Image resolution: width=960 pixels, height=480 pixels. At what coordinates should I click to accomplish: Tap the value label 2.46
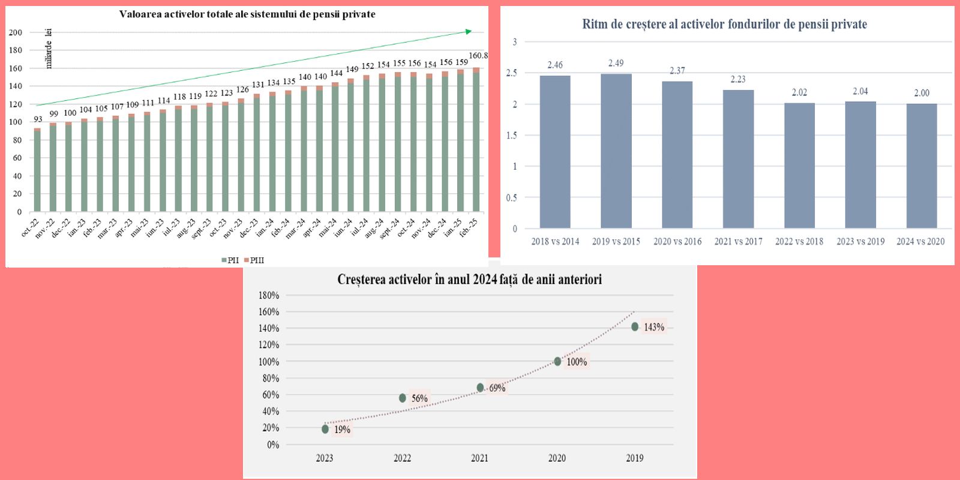pyautogui.click(x=555, y=65)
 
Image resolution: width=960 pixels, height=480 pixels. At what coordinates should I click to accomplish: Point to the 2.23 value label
pyautogui.click(x=738, y=79)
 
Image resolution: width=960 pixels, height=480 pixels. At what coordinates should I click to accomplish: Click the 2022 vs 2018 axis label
pyautogui.click(x=799, y=241)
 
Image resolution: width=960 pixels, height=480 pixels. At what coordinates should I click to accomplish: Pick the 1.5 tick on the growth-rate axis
pyautogui.click(x=511, y=136)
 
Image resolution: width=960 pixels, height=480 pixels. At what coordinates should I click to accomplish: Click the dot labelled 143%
pyautogui.click(x=635, y=326)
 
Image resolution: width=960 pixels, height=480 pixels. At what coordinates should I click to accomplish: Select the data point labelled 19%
pyautogui.click(x=325, y=429)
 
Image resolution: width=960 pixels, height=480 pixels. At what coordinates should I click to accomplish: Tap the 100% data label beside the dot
pyautogui.click(x=577, y=362)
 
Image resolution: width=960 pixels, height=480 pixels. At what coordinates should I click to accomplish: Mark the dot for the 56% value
pyautogui.click(x=403, y=398)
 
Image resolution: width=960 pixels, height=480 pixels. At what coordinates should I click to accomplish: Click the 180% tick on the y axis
pyautogui.click(x=269, y=295)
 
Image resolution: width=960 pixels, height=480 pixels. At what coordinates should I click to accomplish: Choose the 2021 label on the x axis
pyautogui.click(x=479, y=458)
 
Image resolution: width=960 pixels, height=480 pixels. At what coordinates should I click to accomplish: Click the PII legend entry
pyautogui.click(x=230, y=260)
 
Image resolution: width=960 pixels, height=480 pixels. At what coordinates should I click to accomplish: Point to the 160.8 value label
pyautogui.click(x=478, y=56)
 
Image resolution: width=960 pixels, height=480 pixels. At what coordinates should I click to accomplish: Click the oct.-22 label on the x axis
pyautogui.click(x=31, y=227)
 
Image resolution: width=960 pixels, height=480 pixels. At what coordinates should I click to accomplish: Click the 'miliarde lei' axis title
pyautogui.click(x=49, y=49)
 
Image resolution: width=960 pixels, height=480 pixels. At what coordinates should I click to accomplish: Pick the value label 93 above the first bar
pyautogui.click(x=38, y=119)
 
